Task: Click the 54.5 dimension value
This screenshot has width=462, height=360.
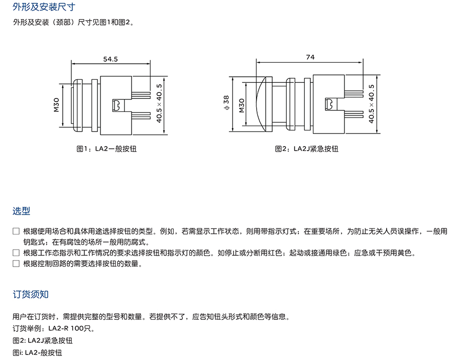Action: coord(110,59)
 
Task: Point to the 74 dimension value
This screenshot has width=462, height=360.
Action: coord(310,57)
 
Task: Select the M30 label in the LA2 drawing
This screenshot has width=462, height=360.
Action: coord(56,105)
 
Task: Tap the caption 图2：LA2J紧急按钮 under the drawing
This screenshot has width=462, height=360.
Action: coord(306,149)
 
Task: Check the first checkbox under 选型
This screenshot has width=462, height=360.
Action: coord(16,231)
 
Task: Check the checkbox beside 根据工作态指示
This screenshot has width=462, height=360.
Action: coord(16,253)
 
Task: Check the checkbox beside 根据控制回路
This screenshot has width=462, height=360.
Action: coord(16,264)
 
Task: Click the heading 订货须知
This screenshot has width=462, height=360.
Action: coord(31,294)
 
